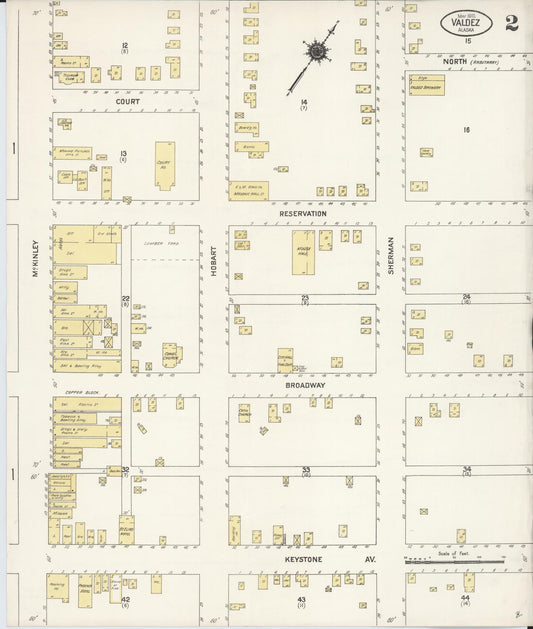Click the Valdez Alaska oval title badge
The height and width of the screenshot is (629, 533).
(x=466, y=22)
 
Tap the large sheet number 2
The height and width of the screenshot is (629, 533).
(x=512, y=23)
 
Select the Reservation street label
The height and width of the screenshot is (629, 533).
(x=303, y=213)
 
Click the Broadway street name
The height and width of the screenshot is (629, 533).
(x=304, y=385)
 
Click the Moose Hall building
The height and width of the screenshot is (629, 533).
(x=302, y=254)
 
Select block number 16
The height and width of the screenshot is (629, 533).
(x=466, y=130)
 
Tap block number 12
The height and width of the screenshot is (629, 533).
(x=125, y=46)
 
